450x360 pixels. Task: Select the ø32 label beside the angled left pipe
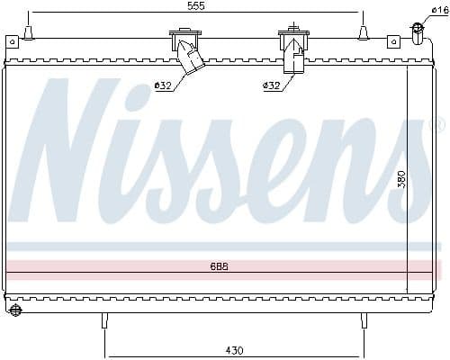[163, 85]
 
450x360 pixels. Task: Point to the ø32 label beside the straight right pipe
[271, 85]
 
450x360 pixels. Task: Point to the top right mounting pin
[364, 33]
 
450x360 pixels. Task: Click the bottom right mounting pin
[363, 319]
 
